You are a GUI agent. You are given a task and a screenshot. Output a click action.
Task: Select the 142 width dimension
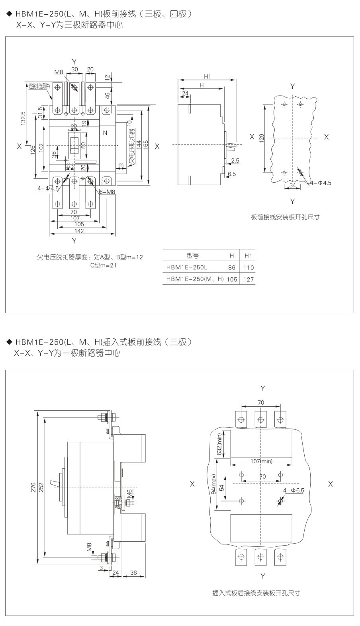pos(79,231)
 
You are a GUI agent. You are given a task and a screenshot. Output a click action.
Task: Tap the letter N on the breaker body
pos(105,133)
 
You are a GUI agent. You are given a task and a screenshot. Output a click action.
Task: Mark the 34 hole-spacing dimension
pos(292,185)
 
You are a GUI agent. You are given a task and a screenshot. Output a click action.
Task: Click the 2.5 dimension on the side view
pos(235,161)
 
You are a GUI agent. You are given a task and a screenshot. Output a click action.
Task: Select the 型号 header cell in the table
pos(193,255)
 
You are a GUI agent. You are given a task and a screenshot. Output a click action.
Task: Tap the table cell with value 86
pos(232,267)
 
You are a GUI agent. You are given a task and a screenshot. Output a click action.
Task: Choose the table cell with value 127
pos(248,279)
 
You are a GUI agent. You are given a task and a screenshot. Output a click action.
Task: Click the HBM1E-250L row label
pos(187,267)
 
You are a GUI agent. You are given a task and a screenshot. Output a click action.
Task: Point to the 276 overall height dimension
pos(33,488)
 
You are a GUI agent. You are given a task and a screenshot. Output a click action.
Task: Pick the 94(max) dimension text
pos(214,484)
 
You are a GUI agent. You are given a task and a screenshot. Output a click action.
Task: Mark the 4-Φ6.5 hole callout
pos(293,490)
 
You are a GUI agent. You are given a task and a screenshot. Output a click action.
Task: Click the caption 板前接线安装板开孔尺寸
pos(285,217)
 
